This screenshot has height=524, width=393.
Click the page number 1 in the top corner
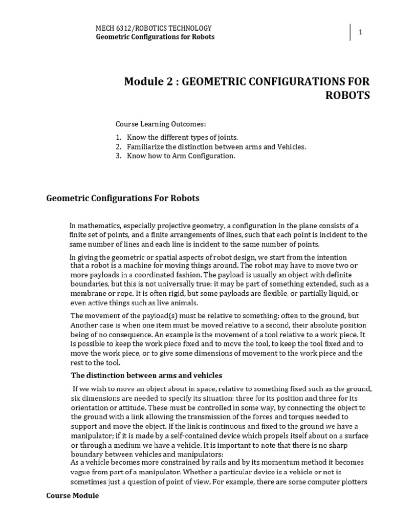360,32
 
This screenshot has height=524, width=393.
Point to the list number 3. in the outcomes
118,156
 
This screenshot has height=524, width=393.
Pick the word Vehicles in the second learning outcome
290,147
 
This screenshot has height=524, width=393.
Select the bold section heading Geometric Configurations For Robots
123,198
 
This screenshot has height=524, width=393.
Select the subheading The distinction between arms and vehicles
146,376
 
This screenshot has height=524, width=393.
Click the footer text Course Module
73,496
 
